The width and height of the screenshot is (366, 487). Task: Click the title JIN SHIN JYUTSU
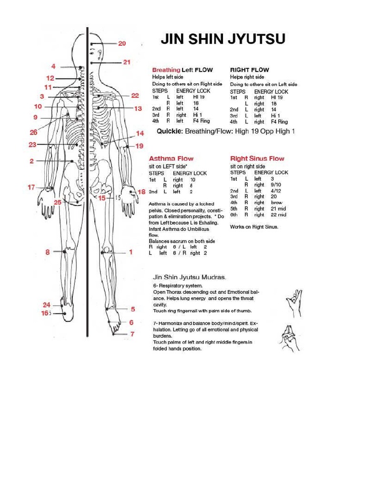coord(223,39)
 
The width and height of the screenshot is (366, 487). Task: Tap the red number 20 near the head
coord(122,43)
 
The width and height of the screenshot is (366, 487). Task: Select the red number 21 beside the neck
coord(126,62)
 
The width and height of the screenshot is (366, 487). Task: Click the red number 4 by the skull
coord(54,66)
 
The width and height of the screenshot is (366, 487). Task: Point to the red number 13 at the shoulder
coord(138,108)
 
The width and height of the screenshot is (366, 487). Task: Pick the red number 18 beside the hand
coord(142,192)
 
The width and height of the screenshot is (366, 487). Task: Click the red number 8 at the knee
coord(48,252)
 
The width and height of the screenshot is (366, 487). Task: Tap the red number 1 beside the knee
coord(131,252)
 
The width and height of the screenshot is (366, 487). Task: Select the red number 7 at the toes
coord(132,334)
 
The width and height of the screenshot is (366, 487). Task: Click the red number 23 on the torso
coord(32,145)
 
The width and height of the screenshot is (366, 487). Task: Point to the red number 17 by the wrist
coord(31,187)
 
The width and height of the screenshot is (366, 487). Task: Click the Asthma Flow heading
coord(171,158)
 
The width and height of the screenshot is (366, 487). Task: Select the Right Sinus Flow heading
coord(257,158)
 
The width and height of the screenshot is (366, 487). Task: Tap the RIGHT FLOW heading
coord(249,70)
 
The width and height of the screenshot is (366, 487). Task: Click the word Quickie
coord(170,131)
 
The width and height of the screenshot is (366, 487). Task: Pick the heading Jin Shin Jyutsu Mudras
coord(189,276)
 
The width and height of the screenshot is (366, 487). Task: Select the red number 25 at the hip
coord(58,202)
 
